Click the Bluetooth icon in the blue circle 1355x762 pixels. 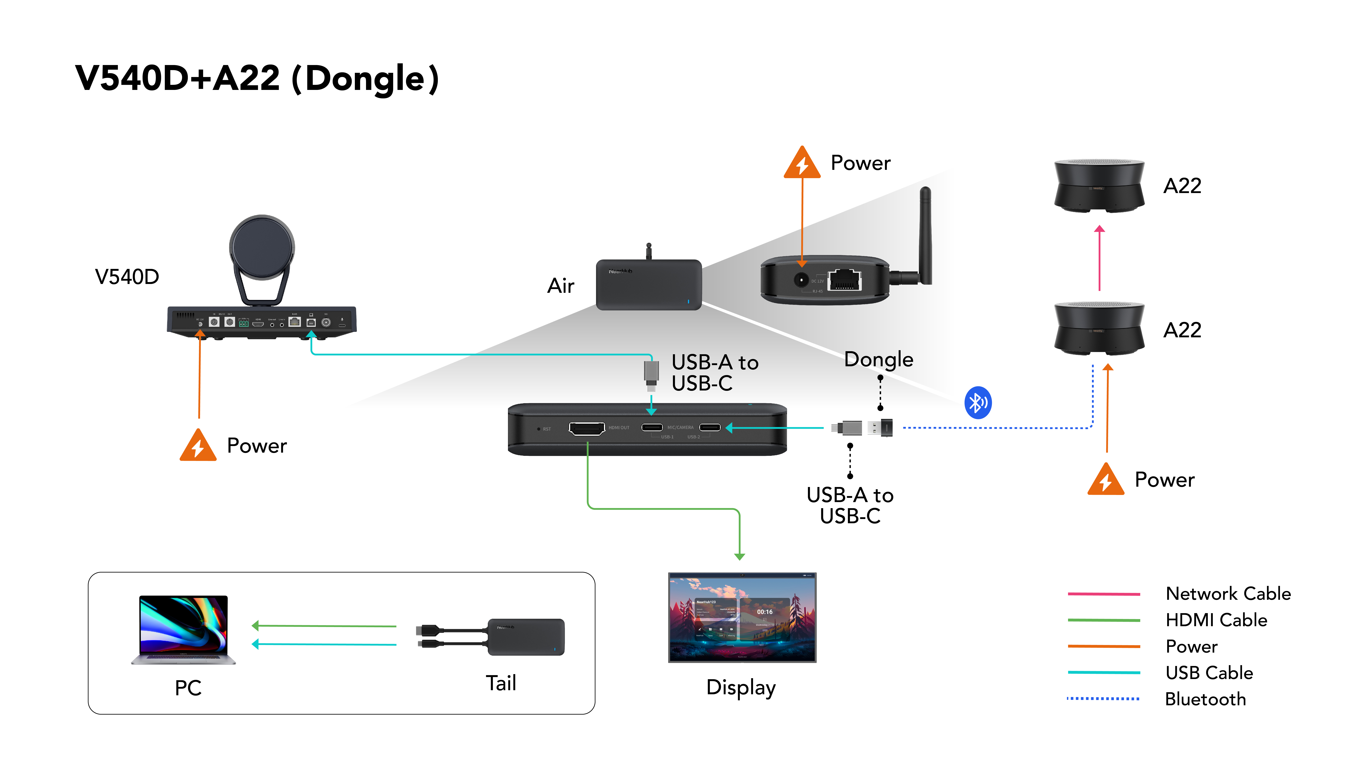(x=977, y=403)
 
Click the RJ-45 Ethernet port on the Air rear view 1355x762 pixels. (x=844, y=280)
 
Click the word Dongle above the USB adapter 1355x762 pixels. (x=878, y=360)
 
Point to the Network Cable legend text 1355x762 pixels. (x=1228, y=594)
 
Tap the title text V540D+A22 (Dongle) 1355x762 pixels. (x=257, y=79)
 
